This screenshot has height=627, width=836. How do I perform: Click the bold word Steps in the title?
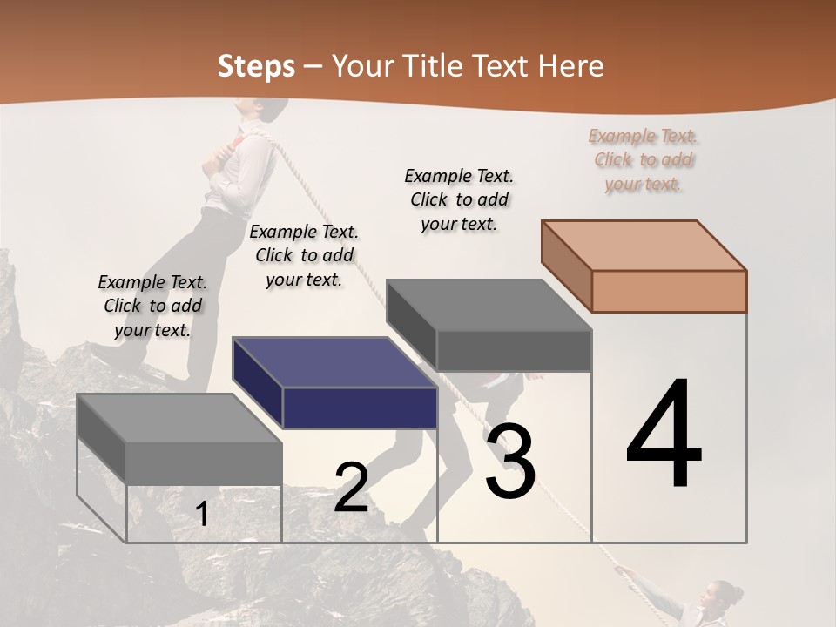pyautogui.click(x=256, y=66)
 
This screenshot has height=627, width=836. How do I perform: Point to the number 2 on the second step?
pyautogui.click(x=351, y=487)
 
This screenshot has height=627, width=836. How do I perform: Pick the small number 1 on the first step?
pyautogui.click(x=202, y=515)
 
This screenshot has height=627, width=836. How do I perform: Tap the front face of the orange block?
pyautogui.click(x=669, y=291)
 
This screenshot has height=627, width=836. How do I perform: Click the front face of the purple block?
pyautogui.click(x=360, y=408)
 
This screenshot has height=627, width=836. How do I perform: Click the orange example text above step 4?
pyautogui.click(x=644, y=159)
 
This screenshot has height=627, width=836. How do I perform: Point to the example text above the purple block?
pyautogui.click(x=304, y=255)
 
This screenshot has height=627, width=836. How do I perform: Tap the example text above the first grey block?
pyautogui.click(x=152, y=306)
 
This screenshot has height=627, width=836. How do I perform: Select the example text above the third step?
pyautogui.click(x=459, y=199)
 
